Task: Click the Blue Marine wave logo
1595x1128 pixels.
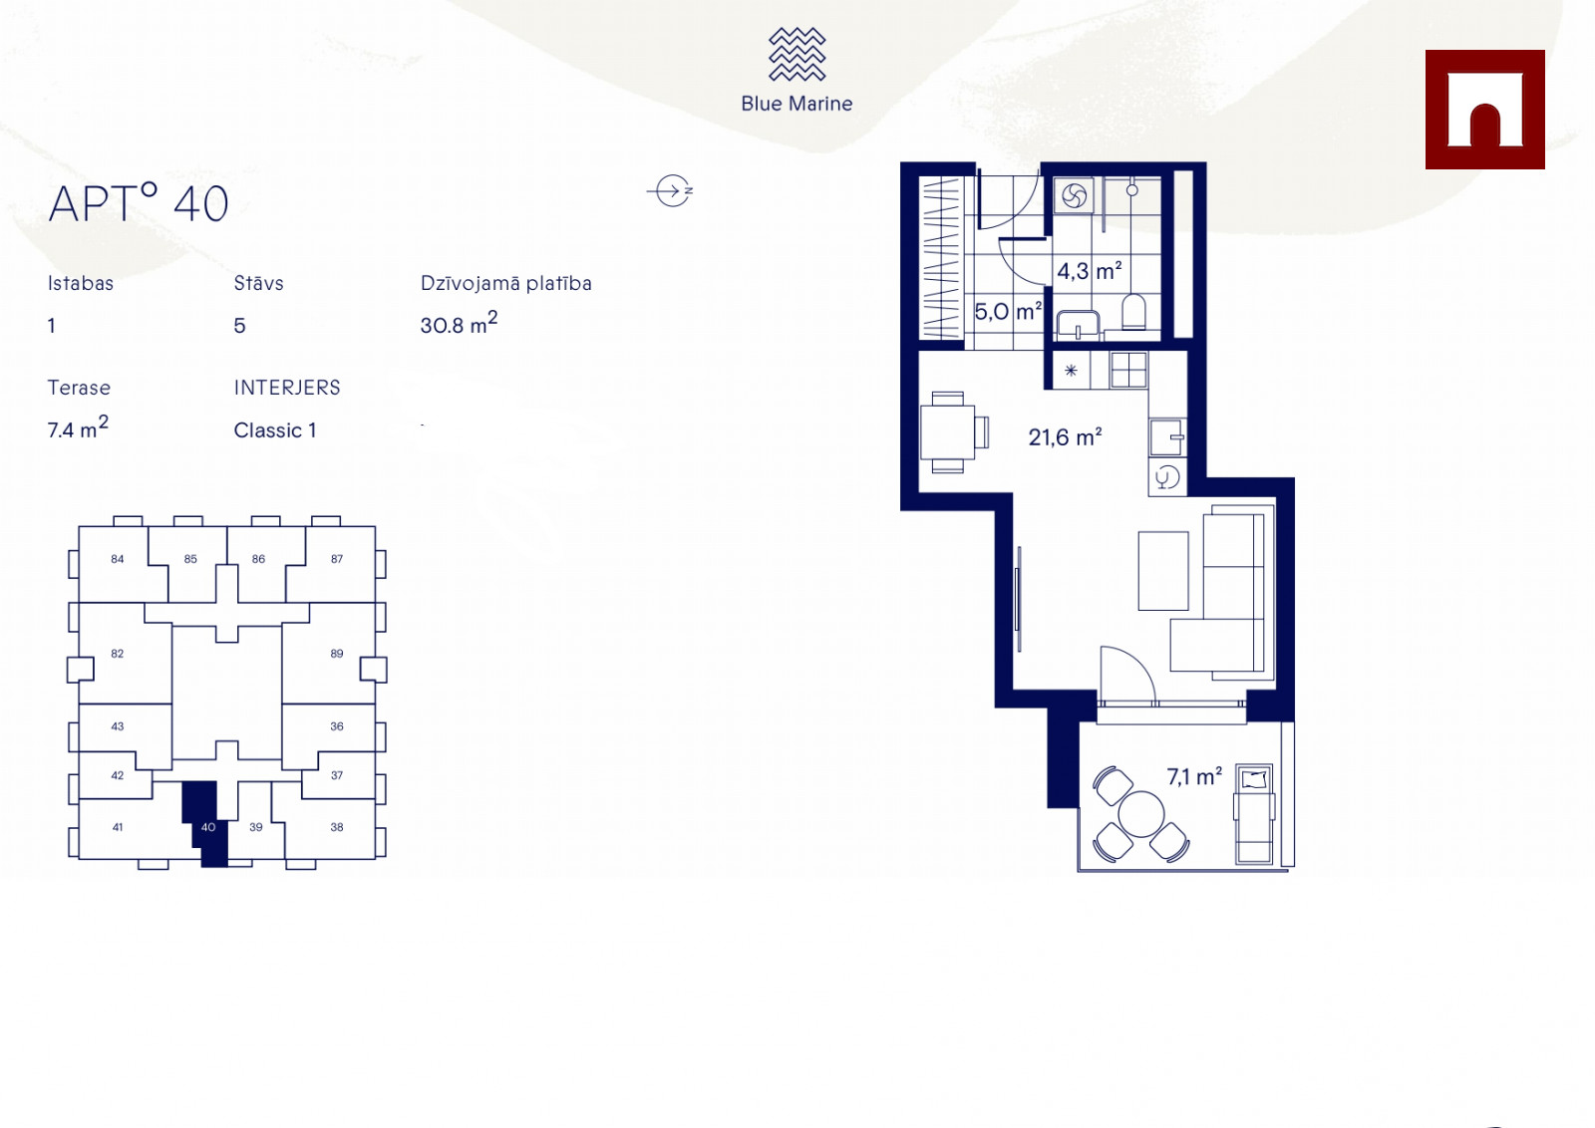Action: [797, 54]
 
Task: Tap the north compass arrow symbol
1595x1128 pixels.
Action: [671, 190]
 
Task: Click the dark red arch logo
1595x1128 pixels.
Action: [1484, 110]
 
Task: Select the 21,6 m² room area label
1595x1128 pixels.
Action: [1065, 437]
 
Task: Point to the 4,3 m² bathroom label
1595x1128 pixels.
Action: [1089, 270]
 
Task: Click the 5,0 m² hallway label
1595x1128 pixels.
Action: [1008, 311]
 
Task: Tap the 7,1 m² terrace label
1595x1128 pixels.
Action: [1194, 776]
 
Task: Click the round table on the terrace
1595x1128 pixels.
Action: [1140, 814]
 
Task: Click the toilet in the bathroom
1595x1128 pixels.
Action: [1133, 312]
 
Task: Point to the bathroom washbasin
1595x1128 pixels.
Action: [1078, 325]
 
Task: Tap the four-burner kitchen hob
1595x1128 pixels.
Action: [1128, 370]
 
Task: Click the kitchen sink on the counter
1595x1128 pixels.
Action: [1167, 437]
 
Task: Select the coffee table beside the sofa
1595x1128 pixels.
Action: [1162, 571]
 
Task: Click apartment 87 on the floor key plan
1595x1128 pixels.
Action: [337, 559]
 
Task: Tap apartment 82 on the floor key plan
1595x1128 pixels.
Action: [118, 654]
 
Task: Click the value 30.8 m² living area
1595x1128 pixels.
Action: [459, 323]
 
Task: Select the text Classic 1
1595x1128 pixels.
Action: [275, 430]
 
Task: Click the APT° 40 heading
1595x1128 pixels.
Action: [139, 203]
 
